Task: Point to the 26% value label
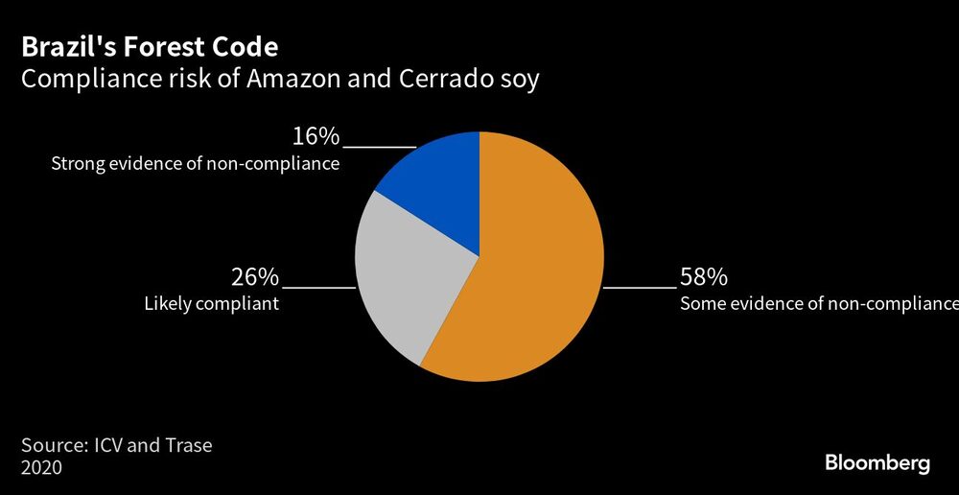pyautogui.click(x=255, y=278)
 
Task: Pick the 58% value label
pyautogui.click(x=703, y=278)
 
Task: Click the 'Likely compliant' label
pyautogui.click(x=211, y=304)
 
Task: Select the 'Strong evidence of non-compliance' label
pyautogui.click(x=196, y=164)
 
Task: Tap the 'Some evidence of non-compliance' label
pyautogui.click(x=818, y=304)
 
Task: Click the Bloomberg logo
pyautogui.click(x=877, y=462)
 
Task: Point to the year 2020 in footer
pyautogui.click(x=41, y=468)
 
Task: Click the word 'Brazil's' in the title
pyautogui.click(x=69, y=47)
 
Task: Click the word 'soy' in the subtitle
pyautogui.click(x=519, y=79)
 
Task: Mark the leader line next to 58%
pyautogui.click(x=639, y=287)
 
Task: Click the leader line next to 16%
pyautogui.click(x=379, y=147)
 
